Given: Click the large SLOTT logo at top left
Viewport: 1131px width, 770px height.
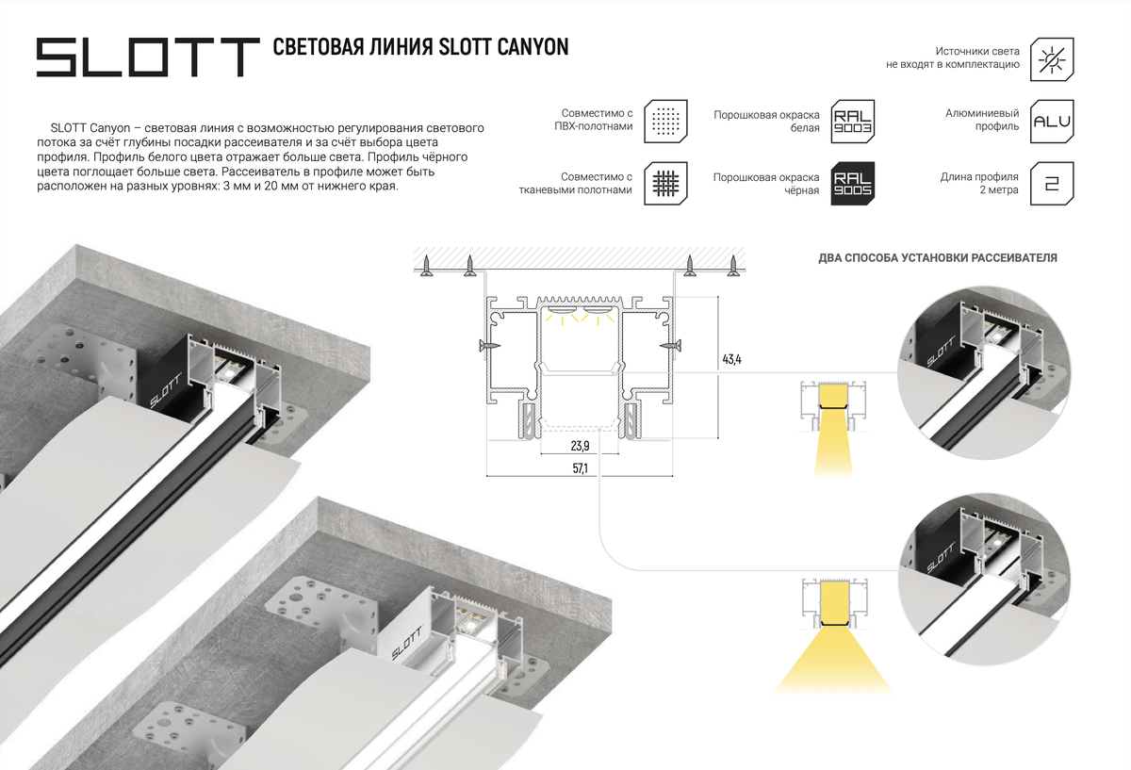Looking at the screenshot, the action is click(147, 57).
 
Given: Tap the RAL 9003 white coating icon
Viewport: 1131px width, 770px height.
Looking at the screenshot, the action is click(853, 122).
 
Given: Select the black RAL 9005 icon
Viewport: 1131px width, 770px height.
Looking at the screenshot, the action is click(853, 183).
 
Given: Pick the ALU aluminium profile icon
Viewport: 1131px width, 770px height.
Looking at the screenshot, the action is click(1053, 122).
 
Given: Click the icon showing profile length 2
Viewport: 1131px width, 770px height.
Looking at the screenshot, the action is click(1053, 183).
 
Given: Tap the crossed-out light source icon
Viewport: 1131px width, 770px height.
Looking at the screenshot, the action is click(1053, 58).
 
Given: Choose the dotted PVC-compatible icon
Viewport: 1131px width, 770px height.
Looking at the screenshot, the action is click(666, 122).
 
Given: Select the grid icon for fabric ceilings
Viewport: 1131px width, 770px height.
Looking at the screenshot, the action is click(666, 183).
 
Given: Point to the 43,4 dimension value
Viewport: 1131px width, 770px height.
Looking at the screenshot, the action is click(732, 359).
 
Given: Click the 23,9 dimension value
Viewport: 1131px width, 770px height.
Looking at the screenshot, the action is click(580, 446).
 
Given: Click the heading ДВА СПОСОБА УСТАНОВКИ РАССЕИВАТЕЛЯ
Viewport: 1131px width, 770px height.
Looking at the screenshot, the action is click(937, 257).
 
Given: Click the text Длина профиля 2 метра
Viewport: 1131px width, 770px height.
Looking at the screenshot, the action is click(979, 183).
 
